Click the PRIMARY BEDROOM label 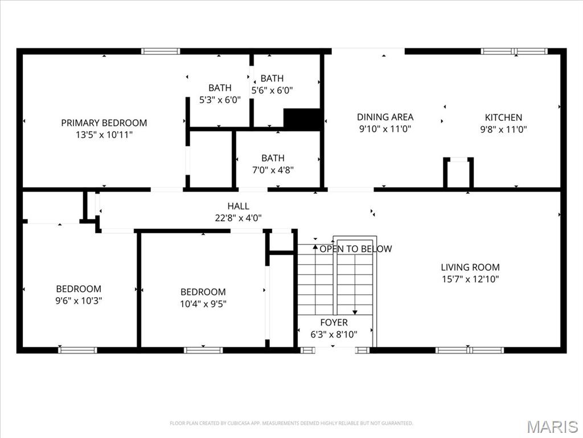tap(104, 123)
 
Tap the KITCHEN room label tap(503, 117)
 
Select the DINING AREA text tap(385, 117)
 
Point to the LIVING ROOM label tap(470, 267)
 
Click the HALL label tap(238, 206)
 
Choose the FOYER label tap(334, 323)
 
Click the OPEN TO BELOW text tap(356, 249)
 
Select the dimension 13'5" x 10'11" tap(104, 135)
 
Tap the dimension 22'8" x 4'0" tap(238, 217)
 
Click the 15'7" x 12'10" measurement tap(470, 279)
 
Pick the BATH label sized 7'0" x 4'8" tap(273, 158)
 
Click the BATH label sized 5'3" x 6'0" tap(220, 88)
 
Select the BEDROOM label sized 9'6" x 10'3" tap(79, 289)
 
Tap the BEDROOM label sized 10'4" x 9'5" tap(203, 291)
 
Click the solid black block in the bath tap(302, 119)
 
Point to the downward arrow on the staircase tap(355, 311)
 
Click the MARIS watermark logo tap(552, 426)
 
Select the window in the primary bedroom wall tap(161, 51)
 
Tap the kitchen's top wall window tap(514, 51)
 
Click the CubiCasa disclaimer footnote tap(291, 423)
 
